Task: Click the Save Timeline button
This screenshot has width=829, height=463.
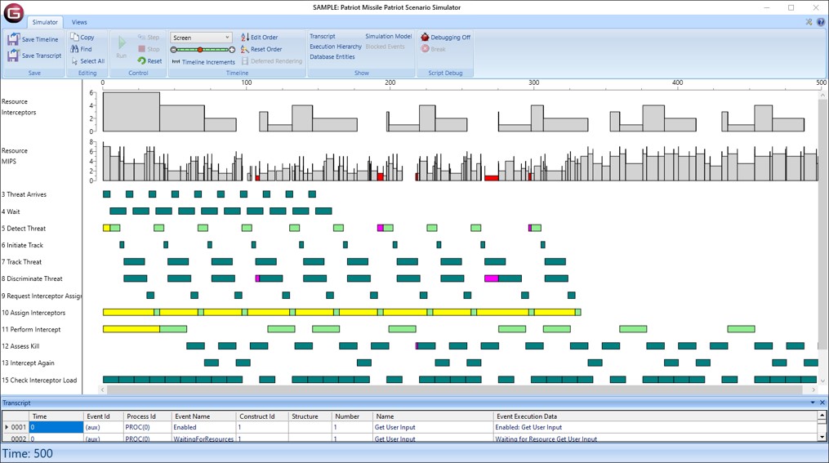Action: [x=33, y=39]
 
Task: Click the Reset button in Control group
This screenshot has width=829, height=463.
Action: [x=149, y=61]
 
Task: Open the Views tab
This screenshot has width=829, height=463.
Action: [x=79, y=22]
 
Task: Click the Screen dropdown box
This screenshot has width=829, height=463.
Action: [x=201, y=38]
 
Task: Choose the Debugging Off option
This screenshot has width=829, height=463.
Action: [x=446, y=38]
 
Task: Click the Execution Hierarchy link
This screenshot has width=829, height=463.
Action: [x=335, y=47]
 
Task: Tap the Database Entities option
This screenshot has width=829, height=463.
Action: [x=332, y=57]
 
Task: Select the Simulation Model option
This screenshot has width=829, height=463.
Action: [x=388, y=37]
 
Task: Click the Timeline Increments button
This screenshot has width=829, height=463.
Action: [x=203, y=62]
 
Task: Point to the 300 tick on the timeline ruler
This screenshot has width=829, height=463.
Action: [x=533, y=82]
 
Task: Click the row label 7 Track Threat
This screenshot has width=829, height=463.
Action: [x=22, y=262]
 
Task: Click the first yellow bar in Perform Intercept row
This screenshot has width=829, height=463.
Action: [x=131, y=329]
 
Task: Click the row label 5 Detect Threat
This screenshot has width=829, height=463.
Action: [x=24, y=229]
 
